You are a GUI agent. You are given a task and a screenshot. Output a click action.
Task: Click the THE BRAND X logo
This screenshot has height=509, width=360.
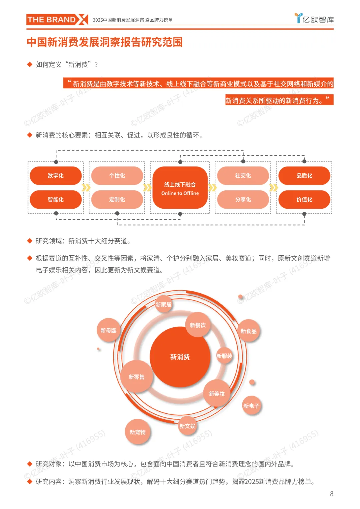tap(57, 20)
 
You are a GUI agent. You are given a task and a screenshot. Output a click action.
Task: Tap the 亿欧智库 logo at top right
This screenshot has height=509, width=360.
tap(314, 19)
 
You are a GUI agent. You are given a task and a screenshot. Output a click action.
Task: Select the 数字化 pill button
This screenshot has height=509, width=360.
tap(56, 176)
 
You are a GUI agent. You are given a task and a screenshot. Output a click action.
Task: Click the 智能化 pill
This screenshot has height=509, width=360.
tap(56, 199)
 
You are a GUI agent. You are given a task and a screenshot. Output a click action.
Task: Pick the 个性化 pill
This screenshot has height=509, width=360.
tap(117, 176)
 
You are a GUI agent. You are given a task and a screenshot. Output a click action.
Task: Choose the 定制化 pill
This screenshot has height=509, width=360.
tap(117, 199)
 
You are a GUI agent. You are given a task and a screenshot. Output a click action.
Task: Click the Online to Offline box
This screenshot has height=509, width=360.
tap(180, 188)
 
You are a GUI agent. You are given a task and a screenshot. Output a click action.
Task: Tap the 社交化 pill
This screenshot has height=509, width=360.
tap(243, 176)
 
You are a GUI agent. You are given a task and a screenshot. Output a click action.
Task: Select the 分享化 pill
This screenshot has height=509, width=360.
tap(243, 199)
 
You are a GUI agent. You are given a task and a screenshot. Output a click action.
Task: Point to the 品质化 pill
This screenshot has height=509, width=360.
tap(304, 176)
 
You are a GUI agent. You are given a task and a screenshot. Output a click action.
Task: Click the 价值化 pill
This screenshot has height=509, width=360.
tap(304, 199)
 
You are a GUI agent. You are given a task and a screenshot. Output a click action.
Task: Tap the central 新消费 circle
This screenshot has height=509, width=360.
tap(180, 357)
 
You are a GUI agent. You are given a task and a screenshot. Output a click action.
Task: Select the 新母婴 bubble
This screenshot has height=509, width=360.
tap(109, 330)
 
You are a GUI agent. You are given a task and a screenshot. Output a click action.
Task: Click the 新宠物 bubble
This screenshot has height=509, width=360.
tap(138, 432)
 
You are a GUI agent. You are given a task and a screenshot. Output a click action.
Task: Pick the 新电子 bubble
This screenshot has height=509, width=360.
tap(251, 406)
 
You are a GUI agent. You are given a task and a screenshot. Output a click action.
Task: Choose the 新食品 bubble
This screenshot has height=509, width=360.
tap(249, 331)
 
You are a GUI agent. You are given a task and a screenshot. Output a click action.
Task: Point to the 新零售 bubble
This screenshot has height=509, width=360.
tap(137, 377)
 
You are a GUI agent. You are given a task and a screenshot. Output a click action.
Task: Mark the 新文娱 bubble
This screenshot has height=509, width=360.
tap(187, 426)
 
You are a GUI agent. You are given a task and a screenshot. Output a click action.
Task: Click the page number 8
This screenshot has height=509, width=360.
tap(332, 494)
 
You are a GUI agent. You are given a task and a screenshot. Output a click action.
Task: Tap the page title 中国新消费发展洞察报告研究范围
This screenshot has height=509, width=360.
tap(105, 42)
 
